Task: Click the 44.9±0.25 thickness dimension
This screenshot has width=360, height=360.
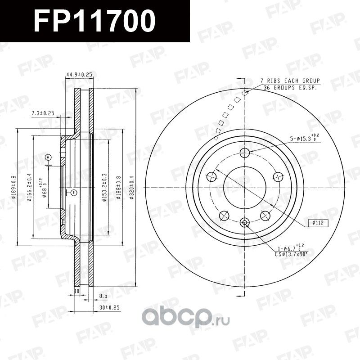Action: point(79,74)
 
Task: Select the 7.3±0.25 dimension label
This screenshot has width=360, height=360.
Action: point(43,113)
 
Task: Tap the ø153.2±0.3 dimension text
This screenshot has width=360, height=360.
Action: point(104,188)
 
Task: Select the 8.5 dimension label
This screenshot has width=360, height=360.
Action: point(103,297)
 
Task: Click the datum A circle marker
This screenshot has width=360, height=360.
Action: point(49,157)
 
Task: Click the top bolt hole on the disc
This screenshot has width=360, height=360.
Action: point(245,152)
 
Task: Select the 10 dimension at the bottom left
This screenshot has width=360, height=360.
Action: point(76,291)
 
